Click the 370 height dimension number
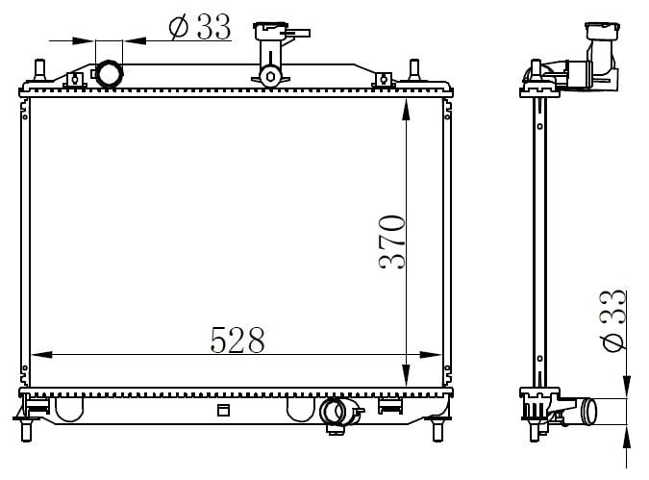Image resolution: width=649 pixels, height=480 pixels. click(x=393, y=241)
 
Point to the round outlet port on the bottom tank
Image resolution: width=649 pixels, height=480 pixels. click(x=334, y=413)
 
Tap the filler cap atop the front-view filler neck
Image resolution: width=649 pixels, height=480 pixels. click(x=273, y=30)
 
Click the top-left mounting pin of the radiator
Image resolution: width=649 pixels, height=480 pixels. click(x=39, y=69)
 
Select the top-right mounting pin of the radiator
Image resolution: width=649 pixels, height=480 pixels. click(x=414, y=69)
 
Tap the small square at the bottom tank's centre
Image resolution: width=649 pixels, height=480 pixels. click(x=224, y=411)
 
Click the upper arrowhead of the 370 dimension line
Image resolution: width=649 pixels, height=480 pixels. click(x=408, y=107)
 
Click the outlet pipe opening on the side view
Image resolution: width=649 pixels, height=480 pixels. click(x=590, y=412)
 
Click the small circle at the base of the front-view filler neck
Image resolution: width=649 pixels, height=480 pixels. click(x=270, y=75)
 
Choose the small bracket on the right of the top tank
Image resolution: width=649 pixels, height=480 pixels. click(x=383, y=80)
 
